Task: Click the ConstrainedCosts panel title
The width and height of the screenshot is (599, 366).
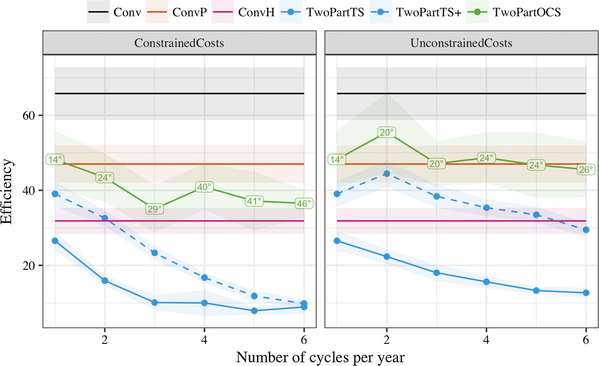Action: point(179,43)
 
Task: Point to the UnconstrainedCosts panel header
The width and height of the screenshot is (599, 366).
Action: point(461,43)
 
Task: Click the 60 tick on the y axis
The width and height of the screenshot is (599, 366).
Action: point(29,115)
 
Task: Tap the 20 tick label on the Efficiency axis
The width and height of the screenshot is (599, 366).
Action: point(29,265)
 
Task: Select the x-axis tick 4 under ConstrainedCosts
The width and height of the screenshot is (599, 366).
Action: point(204,340)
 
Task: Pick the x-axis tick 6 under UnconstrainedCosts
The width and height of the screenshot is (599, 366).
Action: point(586,340)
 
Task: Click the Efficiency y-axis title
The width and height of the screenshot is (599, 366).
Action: point(7,191)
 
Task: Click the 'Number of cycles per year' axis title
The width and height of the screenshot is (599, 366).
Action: point(320,357)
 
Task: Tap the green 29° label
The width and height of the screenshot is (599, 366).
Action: point(154,209)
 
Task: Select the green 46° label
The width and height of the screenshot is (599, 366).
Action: point(304,203)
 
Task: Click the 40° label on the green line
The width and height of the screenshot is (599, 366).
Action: point(204,187)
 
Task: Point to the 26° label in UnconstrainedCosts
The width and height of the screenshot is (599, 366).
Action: point(586,170)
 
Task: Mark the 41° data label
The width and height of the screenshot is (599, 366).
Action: point(254,201)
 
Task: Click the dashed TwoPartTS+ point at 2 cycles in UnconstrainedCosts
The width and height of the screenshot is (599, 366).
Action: point(387,174)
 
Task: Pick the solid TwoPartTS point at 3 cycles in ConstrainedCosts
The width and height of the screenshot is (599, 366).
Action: point(154,302)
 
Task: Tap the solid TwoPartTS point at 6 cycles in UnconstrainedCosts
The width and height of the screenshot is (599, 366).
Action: point(586,293)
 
